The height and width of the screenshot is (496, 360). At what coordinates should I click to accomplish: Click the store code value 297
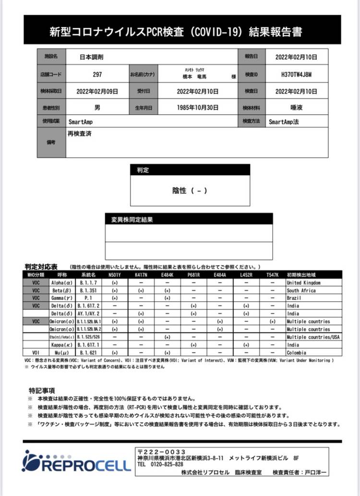point(97,74)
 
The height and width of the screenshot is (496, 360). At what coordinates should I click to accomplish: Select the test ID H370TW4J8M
point(296,74)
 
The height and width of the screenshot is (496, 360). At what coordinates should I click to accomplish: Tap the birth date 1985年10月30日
point(197,107)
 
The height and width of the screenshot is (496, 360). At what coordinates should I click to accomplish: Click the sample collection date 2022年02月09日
point(97,91)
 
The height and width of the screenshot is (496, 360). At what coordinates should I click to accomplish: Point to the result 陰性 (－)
point(190,190)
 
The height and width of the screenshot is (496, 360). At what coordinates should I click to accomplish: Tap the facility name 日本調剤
point(92,57)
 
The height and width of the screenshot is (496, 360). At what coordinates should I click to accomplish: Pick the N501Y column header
point(114,275)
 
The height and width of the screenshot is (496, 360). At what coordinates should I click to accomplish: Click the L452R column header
point(246,275)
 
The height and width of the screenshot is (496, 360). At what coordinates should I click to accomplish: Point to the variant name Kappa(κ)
point(61,345)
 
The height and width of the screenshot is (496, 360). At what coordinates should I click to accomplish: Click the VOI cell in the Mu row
point(36,353)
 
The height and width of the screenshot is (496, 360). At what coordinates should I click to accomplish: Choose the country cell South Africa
point(300,291)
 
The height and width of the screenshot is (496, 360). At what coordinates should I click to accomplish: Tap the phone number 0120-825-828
point(167,464)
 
